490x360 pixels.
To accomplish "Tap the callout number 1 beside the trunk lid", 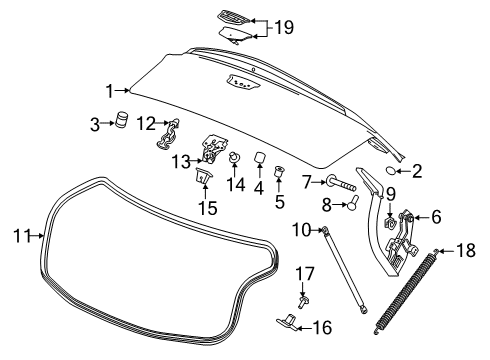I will pos(110,91).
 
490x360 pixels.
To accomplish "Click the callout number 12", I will pos(146,124).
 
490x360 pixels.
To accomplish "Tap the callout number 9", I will pos(391,193).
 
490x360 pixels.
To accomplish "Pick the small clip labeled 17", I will pos(303,296).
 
